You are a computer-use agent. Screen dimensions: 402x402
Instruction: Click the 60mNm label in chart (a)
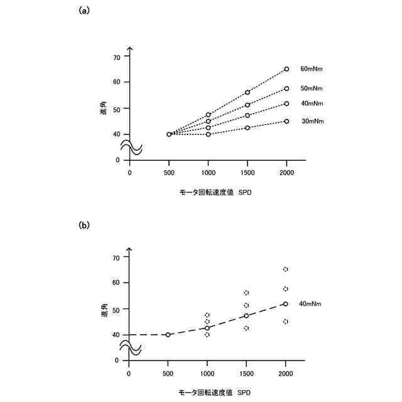coord(312,68)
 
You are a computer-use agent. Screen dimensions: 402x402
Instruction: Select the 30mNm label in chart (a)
coord(312,121)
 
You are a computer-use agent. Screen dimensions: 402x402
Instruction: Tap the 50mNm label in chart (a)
coord(312,89)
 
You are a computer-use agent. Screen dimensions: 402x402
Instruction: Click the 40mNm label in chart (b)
coord(310,303)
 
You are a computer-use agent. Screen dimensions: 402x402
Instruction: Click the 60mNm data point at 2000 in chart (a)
coord(286,69)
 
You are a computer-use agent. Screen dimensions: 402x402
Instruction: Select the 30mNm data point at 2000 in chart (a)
coord(286,121)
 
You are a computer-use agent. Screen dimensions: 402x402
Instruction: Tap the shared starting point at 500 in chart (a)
coord(168,134)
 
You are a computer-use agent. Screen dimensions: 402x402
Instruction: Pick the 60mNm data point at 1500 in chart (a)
coord(247,92)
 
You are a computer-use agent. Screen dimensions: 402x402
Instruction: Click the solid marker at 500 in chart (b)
coord(168,335)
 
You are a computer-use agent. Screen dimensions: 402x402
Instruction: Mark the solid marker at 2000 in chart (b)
coord(286,304)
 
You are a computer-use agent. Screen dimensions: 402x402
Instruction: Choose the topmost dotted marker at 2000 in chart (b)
coord(286,269)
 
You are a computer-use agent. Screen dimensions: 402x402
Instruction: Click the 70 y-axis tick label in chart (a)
coord(116,57)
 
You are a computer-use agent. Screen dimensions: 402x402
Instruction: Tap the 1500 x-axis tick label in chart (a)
coord(247,172)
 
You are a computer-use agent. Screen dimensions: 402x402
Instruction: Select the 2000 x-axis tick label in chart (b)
coord(286,373)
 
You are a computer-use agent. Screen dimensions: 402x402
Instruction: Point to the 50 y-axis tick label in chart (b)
coord(116,308)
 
